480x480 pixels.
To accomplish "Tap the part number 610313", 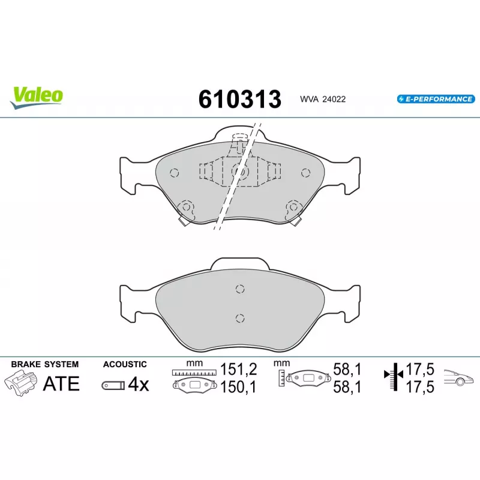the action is click(x=239, y=99).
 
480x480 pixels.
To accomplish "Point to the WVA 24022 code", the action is click(x=323, y=99).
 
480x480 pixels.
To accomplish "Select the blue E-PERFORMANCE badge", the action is click(x=436, y=99).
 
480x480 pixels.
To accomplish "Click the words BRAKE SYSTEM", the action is click(x=44, y=364).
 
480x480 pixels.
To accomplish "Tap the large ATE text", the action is click(x=61, y=383).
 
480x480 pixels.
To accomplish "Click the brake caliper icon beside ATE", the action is click(x=21, y=383).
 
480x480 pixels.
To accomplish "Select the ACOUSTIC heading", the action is click(x=125, y=364).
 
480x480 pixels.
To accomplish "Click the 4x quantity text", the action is click(x=139, y=384).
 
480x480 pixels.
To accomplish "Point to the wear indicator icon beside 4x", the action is click(x=113, y=385).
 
